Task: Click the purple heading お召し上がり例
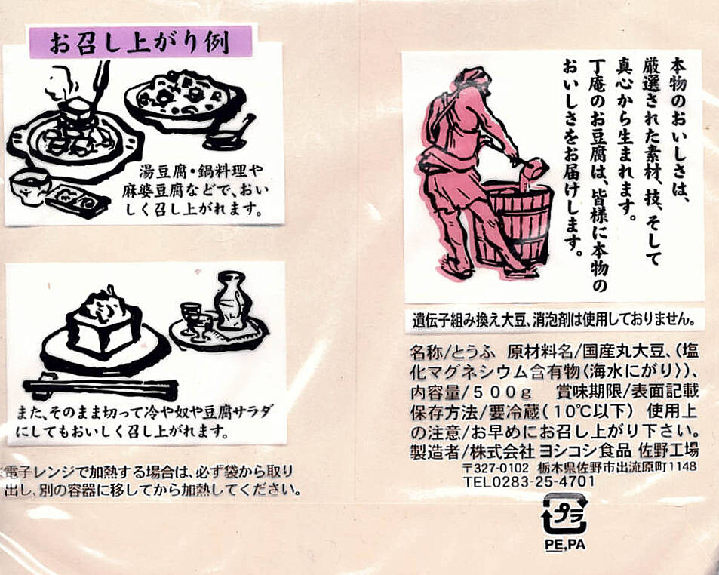tap(140, 42)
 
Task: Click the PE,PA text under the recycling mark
tap(565, 545)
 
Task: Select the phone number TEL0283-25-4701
tap(529, 481)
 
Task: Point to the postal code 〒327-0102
tap(495, 467)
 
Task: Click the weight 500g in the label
tap(502, 393)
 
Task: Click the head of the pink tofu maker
tap(471, 80)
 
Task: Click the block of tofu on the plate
tap(103, 323)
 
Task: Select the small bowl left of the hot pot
tap(30, 186)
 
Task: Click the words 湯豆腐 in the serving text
tap(161, 172)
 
